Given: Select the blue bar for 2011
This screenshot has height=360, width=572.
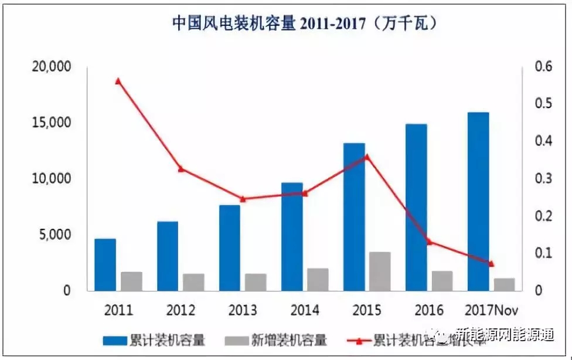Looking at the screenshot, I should [x=105, y=264].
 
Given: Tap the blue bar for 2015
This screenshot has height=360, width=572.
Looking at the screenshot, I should [x=354, y=217].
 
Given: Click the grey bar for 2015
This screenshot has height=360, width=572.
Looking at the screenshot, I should [x=380, y=271].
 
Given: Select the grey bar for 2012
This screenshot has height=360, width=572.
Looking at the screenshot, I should [x=193, y=282].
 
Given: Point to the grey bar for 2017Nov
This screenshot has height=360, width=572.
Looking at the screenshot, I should [x=504, y=284].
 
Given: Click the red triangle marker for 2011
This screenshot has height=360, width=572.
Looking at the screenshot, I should [x=118, y=81].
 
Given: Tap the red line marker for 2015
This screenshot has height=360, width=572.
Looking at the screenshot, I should [x=367, y=157].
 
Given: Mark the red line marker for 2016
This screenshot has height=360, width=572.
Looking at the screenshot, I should [x=428, y=241].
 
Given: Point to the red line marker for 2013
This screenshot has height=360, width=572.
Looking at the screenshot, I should [x=243, y=199].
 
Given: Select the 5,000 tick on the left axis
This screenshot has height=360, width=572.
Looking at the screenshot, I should [x=55, y=235].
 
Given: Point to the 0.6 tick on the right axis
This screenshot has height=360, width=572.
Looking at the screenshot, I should [x=544, y=67].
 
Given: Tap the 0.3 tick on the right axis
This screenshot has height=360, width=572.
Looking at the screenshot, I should [x=544, y=179].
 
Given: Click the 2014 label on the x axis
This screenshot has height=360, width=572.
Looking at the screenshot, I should [x=304, y=310].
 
